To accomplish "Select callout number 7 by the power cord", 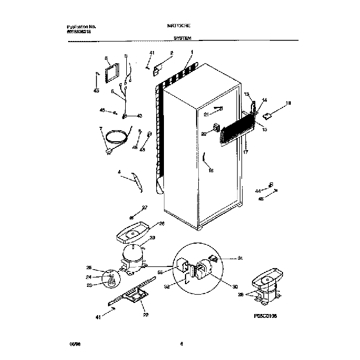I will (101, 129).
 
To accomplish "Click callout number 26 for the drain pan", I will (162, 224).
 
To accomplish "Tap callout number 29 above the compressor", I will (152, 238).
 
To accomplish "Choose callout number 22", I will (146, 315).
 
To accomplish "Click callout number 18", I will (287, 103).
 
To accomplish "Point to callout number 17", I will (245, 151).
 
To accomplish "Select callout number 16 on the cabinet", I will (210, 171).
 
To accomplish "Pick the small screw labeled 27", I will (133, 216).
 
